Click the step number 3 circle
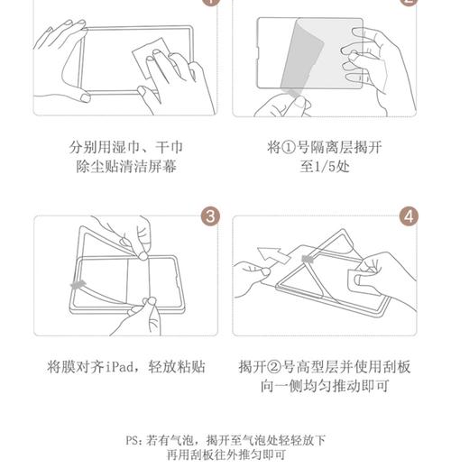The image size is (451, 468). [x=210, y=216]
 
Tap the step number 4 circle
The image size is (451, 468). [x=410, y=216]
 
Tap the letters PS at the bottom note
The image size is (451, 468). [x=133, y=440]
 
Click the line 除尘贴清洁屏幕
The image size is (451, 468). [x=126, y=167]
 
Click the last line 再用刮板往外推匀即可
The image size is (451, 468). [x=225, y=455]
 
